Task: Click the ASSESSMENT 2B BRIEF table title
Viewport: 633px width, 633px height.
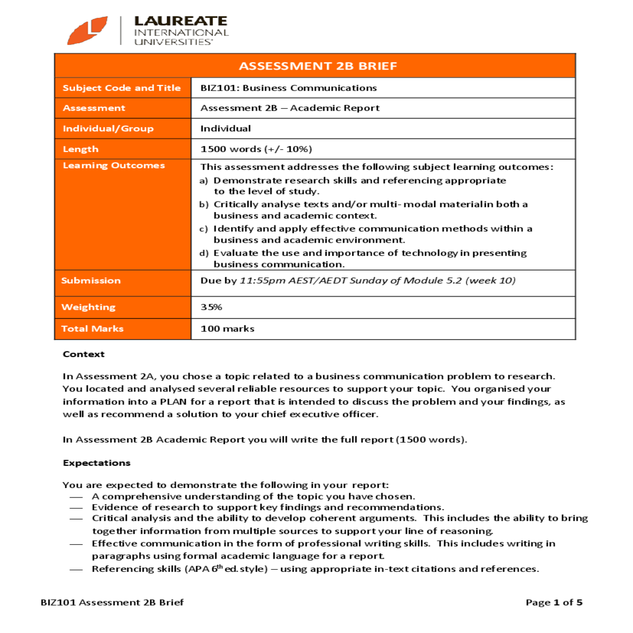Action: click(318, 66)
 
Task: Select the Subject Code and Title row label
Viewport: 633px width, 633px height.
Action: click(121, 88)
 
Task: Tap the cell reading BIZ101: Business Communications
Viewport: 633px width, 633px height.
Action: click(289, 88)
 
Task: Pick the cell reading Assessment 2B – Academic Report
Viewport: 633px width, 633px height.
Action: click(290, 108)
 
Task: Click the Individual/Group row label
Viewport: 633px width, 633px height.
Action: click(108, 129)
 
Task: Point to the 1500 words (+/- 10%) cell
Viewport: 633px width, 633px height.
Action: click(256, 149)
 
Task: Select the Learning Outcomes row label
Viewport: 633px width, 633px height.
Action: click(113, 166)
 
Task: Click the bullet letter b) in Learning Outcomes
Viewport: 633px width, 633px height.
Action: click(204, 205)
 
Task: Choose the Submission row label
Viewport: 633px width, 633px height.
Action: click(91, 281)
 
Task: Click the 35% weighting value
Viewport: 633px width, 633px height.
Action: click(211, 307)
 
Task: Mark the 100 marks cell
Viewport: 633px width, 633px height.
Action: click(227, 329)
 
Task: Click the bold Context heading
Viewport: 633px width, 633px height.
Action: click(83, 354)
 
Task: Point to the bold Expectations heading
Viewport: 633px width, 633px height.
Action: click(97, 463)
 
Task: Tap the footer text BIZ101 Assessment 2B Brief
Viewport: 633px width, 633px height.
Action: click(112, 602)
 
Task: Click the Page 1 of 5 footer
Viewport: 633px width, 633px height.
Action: click(554, 602)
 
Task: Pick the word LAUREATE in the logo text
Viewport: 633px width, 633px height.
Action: click(180, 21)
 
